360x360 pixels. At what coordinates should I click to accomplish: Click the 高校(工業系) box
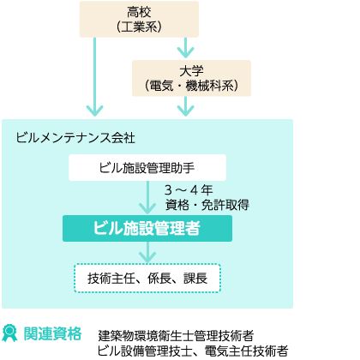(x=139, y=19)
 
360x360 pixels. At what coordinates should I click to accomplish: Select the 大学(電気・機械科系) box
(x=191, y=78)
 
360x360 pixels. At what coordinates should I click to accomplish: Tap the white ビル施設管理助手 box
(x=147, y=167)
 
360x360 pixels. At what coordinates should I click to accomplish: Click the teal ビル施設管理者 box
(x=147, y=228)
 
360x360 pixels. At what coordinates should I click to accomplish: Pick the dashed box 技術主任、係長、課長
(x=147, y=278)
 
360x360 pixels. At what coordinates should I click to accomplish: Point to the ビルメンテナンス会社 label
(x=75, y=138)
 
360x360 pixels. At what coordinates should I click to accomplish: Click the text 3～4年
(x=189, y=190)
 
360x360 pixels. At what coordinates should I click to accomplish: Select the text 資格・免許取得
(x=207, y=205)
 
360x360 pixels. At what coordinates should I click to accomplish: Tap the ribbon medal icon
(x=9, y=333)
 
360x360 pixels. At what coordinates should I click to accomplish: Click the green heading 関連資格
(x=52, y=333)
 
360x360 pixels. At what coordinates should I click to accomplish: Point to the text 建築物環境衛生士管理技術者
(x=176, y=335)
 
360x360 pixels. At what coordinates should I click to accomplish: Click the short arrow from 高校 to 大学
(x=186, y=48)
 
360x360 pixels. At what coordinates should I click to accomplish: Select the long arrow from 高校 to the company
(x=94, y=77)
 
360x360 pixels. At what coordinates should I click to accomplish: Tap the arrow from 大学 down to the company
(x=186, y=106)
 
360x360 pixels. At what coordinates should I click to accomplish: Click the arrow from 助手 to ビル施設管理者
(x=147, y=197)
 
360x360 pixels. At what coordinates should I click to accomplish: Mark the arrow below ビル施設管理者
(x=147, y=252)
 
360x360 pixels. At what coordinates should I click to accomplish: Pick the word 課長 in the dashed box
(x=195, y=279)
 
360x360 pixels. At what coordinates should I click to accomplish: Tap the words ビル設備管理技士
(x=145, y=351)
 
